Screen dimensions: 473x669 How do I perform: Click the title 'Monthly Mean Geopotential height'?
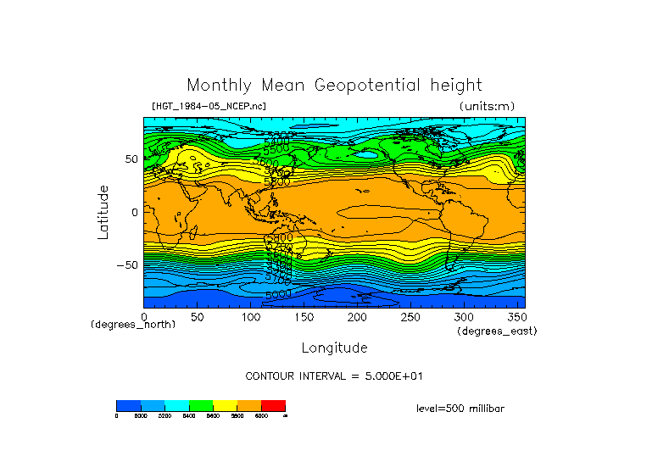[x=334, y=86]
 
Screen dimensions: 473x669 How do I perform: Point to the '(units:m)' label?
[x=486, y=106]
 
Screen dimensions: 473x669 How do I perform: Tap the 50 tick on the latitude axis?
[x=132, y=159]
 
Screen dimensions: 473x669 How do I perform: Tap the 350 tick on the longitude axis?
[x=515, y=317]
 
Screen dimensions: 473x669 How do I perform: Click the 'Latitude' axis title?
[x=103, y=212]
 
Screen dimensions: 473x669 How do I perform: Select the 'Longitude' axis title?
[x=334, y=348]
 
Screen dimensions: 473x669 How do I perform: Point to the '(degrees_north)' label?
[x=133, y=326]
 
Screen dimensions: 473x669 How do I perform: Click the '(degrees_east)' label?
[x=497, y=331]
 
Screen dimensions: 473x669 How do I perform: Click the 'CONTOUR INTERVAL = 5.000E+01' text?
[x=334, y=376]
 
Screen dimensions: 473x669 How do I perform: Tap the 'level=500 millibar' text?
[x=460, y=409]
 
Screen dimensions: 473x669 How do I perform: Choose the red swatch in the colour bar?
[x=273, y=406]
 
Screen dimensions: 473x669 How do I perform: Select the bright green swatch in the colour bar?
[x=201, y=406]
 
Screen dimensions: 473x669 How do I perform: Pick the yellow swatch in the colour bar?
[x=225, y=406]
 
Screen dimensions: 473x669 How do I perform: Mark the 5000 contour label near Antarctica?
[x=278, y=294]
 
